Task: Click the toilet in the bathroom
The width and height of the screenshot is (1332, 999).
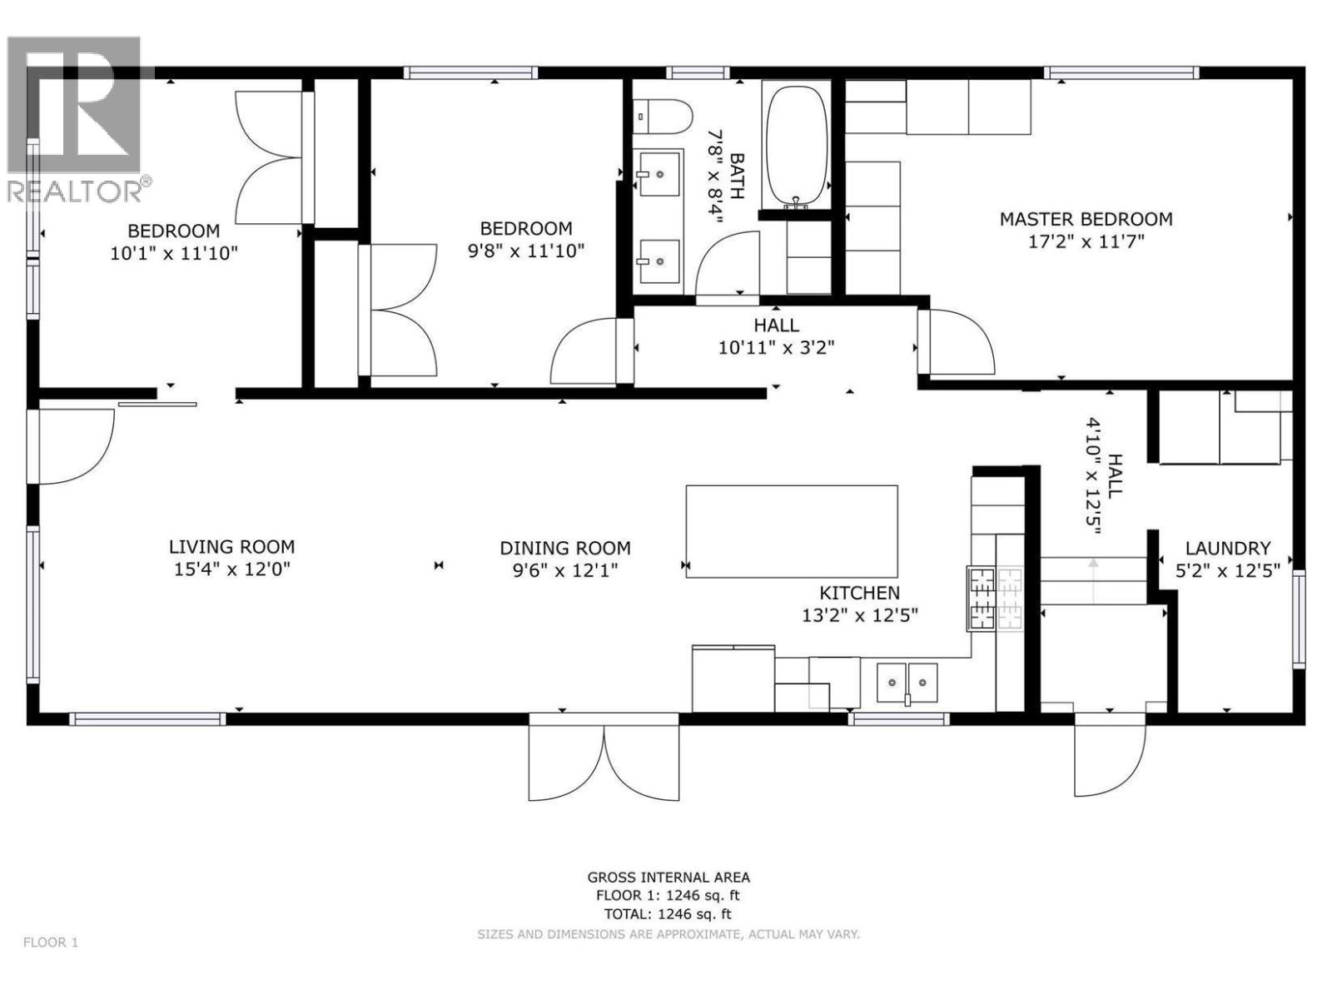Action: [663, 117]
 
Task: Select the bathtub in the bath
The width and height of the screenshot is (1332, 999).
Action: [797, 147]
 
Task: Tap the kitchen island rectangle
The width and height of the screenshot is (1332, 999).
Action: [791, 531]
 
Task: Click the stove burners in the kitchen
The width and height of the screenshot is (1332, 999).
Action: [995, 598]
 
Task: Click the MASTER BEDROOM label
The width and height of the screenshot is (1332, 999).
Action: [1086, 219]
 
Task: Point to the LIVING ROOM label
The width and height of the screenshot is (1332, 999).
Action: [231, 547]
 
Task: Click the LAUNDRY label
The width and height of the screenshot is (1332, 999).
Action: [1227, 549]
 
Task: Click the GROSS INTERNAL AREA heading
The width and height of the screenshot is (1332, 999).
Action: [668, 877]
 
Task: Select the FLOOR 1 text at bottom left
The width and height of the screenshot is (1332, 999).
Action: [51, 942]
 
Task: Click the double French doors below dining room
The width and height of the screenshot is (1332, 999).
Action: [604, 759]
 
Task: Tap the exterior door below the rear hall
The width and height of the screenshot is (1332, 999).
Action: [1109, 753]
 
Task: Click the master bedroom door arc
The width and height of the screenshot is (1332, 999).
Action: [958, 342]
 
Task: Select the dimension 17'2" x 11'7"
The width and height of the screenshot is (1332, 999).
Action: [1086, 241]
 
